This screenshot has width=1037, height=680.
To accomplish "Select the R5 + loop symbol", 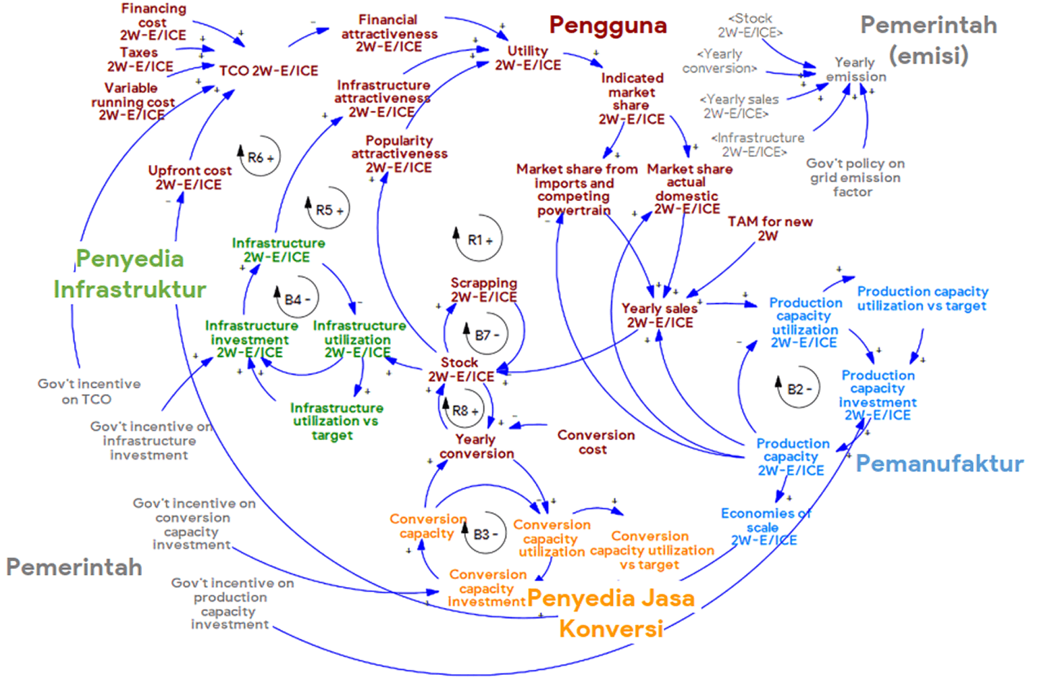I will pos(328,210).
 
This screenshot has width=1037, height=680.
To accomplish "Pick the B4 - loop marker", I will pos(297,299).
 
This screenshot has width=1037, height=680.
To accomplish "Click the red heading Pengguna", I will pos(608,25).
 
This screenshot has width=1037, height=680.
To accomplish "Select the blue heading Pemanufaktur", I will pos(939,463).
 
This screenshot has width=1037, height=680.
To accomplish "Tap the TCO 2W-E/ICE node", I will pos(269,71).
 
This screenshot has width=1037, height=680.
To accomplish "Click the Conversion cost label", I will pos(596,442).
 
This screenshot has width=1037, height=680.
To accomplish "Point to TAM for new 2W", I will pos(769,228).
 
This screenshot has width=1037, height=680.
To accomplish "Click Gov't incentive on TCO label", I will pos(89,391).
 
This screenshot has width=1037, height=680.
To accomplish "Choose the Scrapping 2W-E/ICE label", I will pos(484,290).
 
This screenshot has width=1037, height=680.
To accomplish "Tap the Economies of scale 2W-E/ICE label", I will pos(765,527).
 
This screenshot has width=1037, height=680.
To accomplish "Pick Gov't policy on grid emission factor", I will pos(855,177).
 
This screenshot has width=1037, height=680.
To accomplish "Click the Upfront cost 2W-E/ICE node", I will pos(189,177).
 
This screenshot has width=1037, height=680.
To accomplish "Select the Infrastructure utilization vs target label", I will pos(336,421).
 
